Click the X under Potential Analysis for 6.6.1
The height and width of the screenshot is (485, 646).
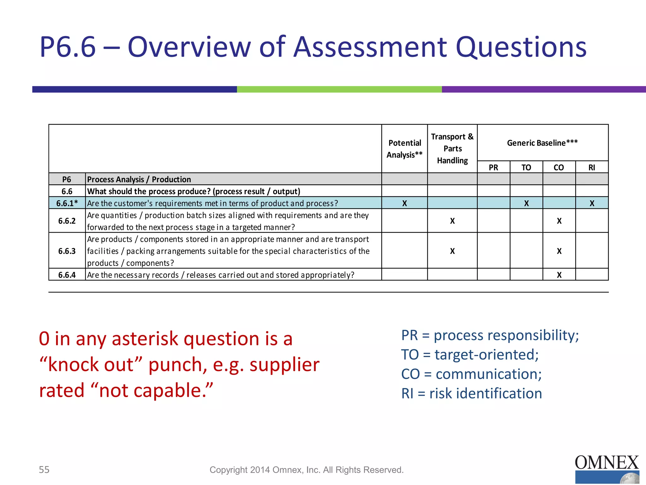click(404, 203)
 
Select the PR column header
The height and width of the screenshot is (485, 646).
click(493, 167)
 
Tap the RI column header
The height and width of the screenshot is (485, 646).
click(592, 167)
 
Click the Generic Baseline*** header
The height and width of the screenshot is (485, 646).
click(542, 143)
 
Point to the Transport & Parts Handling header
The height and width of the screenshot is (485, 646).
click(452, 148)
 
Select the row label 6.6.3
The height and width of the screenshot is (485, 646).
click(67, 251)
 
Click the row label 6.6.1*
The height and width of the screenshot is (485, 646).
click(67, 203)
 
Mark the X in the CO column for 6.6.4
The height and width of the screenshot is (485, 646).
click(559, 275)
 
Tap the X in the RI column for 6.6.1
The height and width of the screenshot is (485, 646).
click(592, 203)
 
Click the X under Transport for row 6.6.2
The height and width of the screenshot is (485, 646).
click(452, 221)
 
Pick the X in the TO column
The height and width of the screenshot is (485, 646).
click(526, 203)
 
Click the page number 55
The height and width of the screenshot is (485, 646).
click(44, 470)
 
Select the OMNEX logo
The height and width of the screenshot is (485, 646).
click(607, 469)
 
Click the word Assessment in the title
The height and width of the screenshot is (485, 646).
click(371, 47)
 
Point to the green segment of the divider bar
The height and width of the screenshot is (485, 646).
click(339, 89)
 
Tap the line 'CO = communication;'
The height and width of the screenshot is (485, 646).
click(471, 374)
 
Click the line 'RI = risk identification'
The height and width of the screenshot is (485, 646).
click(471, 393)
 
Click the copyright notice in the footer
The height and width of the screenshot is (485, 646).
click(307, 470)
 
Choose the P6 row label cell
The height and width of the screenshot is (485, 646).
click(67, 179)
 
